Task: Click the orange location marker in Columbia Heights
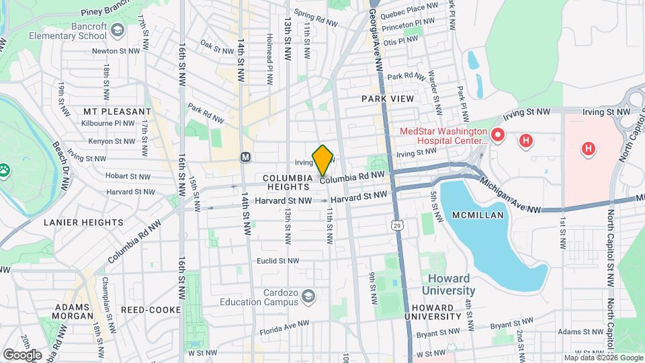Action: (x=323, y=160)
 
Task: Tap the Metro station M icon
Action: (x=246, y=157)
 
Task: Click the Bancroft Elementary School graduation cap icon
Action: (x=118, y=30)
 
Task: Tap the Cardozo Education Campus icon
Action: (x=308, y=296)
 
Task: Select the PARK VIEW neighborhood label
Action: (x=387, y=99)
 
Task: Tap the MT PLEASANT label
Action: (x=118, y=111)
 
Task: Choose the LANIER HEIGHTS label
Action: (x=84, y=222)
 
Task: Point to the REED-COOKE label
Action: (x=150, y=310)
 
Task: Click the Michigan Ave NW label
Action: (x=511, y=196)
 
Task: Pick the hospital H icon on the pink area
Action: (x=589, y=148)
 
